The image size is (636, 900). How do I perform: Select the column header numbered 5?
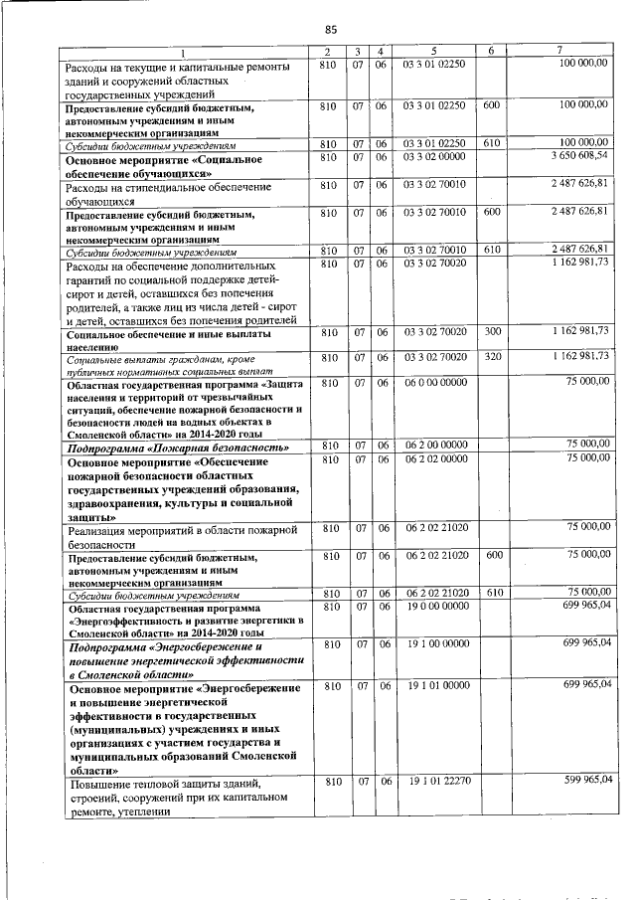click(x=434, y=51)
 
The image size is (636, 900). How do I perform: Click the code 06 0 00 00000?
click(x=434, y=381)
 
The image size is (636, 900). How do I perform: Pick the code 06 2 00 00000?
click(x=434, y=445)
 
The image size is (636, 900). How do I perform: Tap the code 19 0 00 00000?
click(x=434, y=606)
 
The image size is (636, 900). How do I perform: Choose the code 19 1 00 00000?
click(x=434, y=644)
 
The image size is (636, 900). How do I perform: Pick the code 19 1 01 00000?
click(x=434, y=686)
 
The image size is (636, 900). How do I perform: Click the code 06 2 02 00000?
click(x=434, y=458)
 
